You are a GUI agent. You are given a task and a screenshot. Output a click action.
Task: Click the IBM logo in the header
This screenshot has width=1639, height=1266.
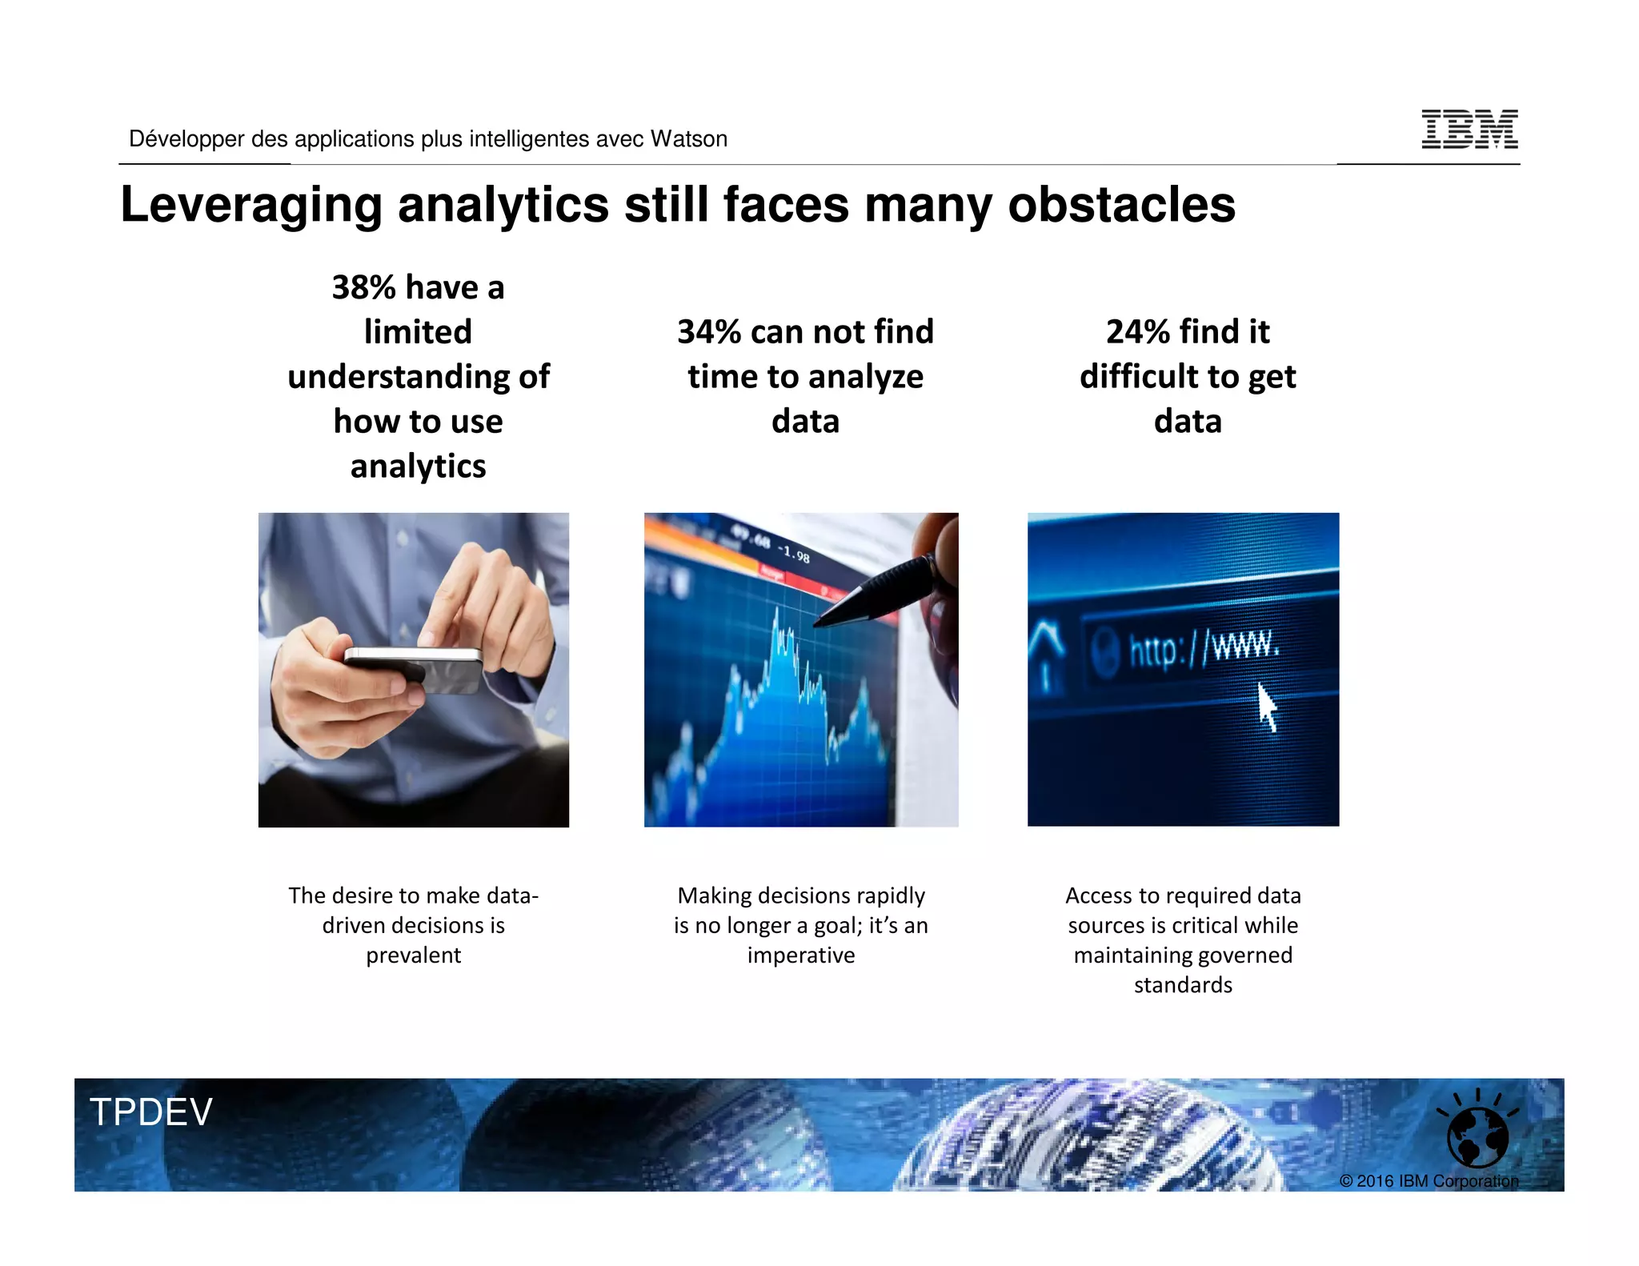1469,130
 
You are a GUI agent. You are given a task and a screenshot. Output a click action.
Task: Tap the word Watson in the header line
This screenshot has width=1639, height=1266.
688,139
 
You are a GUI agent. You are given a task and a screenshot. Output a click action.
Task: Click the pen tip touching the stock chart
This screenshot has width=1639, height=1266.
820,622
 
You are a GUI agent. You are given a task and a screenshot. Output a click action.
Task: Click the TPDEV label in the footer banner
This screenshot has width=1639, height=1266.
151,1112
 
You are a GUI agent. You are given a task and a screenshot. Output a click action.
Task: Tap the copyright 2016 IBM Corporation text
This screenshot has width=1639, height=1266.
1429,1181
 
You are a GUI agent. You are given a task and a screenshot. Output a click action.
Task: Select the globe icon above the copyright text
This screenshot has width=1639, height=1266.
1477,1136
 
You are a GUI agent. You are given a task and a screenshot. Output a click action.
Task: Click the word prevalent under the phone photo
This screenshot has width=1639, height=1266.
414,956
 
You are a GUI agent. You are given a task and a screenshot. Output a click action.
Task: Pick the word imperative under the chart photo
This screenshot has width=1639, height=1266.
801,956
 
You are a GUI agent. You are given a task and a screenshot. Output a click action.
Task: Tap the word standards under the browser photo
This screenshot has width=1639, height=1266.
1183,985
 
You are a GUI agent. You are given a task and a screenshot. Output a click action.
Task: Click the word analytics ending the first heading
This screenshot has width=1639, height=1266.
418,467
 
